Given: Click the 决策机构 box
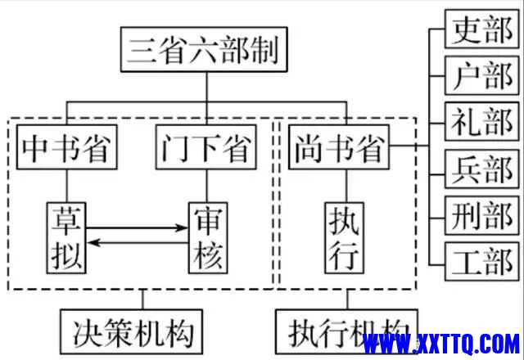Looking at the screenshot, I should [131, 333].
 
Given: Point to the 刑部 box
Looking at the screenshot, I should [480, 218].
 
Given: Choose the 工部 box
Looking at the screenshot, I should [480, 263].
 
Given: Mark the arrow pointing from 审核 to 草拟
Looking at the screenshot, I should [137, 243].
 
